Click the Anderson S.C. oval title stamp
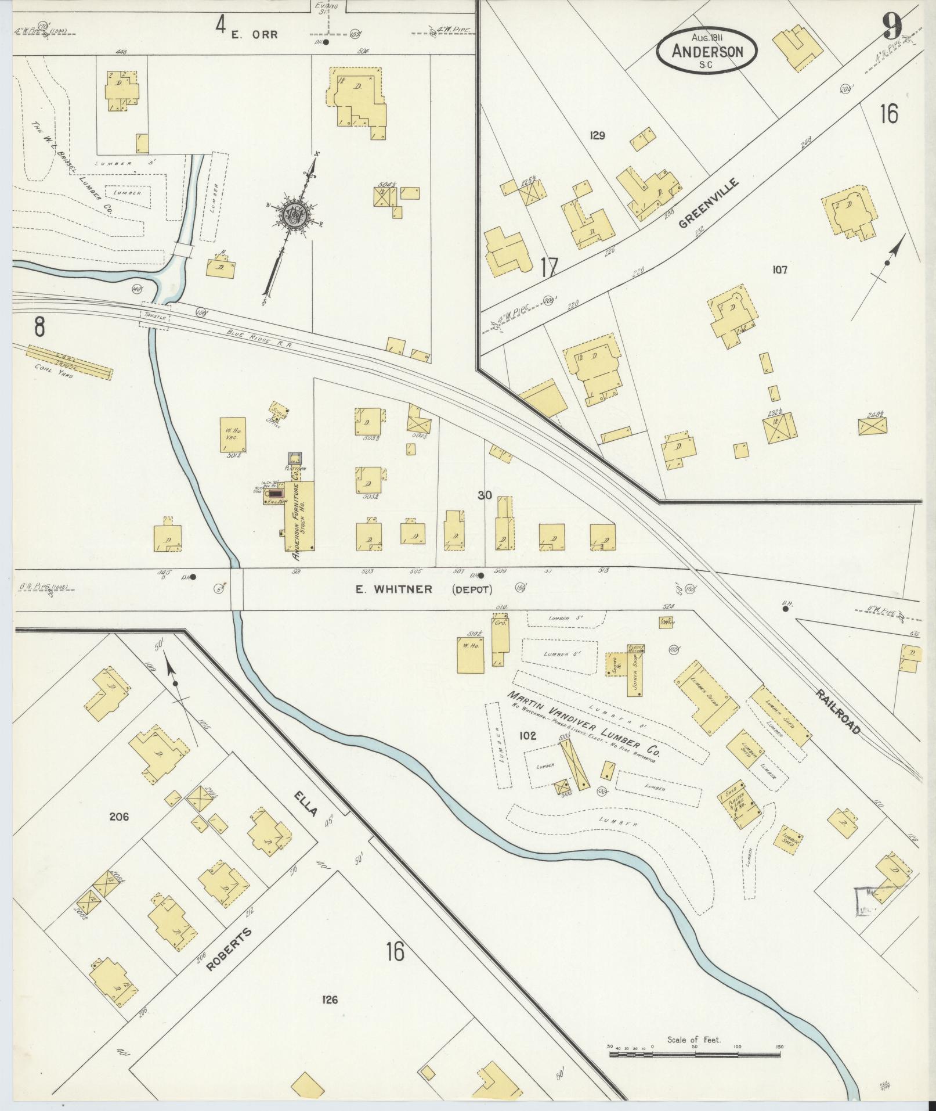(707, 51)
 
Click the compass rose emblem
(292, 215)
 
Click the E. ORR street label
(255, 34)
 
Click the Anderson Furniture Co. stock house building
(299, 516)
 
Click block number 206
(119, 817)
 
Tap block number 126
(329, 999)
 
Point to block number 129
(597, 136)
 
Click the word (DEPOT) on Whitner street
(472, 589)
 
